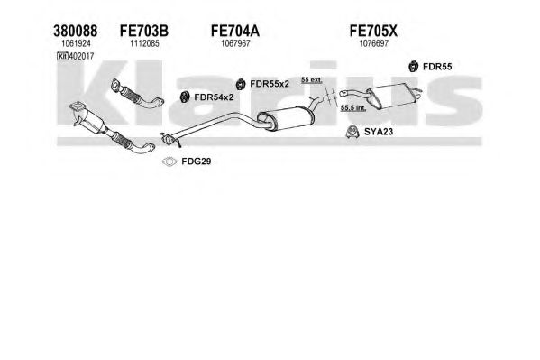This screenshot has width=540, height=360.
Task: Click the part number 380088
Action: tap(76, 31)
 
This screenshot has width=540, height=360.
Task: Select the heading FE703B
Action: tap(144, 31)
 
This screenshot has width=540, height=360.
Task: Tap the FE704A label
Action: tap(235, 31)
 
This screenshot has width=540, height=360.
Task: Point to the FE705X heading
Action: tap(373, 31)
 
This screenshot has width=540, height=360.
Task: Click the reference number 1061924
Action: tap(76, 43)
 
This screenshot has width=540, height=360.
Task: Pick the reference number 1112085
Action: tap(144, 43)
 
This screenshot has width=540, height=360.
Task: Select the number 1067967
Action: tap(235, 43)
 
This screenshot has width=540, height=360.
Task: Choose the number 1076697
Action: tap(373, 43)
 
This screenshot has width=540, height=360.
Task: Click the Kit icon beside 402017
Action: tap(62, 56)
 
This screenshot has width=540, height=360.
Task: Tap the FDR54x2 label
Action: tap(214, 97)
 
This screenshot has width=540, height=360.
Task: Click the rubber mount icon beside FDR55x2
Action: tap(241, 84)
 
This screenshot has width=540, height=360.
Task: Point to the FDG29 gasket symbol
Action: tap(169, 162)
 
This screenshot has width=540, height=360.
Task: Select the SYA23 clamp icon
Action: tap(352, 132)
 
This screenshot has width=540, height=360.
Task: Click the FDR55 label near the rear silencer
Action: tap(437, 67)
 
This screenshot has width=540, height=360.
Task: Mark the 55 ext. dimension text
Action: tap(311, 80)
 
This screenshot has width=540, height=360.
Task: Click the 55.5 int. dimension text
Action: tap(353, 107)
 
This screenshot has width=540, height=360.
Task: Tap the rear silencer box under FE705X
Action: tap(391, 96)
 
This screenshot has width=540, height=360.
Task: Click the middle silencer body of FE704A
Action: tap(286, 118)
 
